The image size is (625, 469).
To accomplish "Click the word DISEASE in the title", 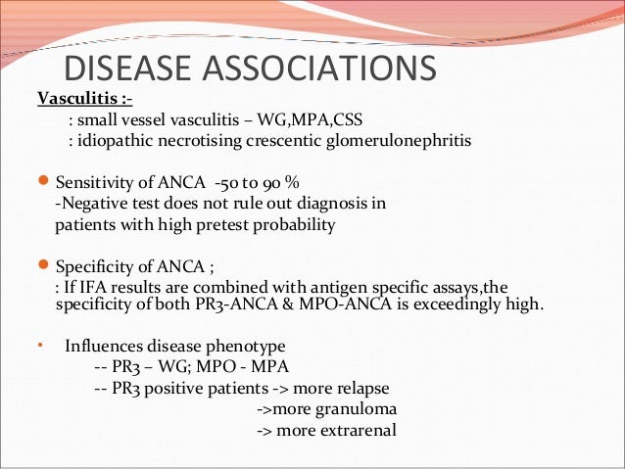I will [x=126, y=70].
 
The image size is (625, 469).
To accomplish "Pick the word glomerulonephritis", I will [x=398, y=141].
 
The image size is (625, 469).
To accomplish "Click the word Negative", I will [x=91, y=204].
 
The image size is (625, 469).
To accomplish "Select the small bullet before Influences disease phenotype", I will [x=40, y=346].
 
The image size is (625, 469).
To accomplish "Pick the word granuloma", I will [x=353, y=409].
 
